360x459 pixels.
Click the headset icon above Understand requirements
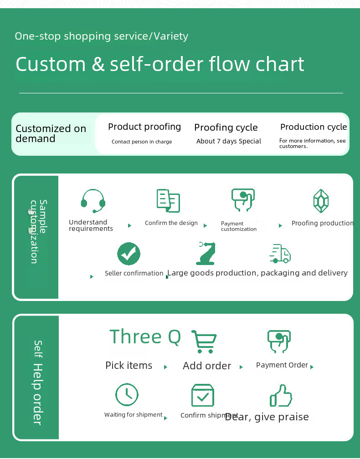point(93,201)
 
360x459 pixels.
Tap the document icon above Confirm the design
point(168,200)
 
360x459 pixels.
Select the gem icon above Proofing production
point(321,201)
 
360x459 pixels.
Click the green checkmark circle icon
point(129,254)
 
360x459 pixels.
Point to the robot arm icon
point(206,253)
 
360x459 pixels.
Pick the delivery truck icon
point(280,254)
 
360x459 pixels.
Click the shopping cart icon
point(204,342)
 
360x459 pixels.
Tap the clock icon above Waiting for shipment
point(126,394)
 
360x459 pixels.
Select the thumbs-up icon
point(280,395)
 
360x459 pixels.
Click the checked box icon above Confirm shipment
point(203,395)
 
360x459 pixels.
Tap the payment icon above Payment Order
point(278,342)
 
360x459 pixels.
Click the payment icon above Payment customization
point(242,200)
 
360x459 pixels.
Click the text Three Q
point(145,337)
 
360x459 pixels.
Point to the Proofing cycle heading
point(226,127)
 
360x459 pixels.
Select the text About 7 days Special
point(229,141)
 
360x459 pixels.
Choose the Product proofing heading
point(144,127)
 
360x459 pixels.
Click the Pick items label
point(129,365)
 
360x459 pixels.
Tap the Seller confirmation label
point(134,273)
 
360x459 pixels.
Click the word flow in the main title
point(230,64)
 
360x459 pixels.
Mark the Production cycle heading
point(314,127)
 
